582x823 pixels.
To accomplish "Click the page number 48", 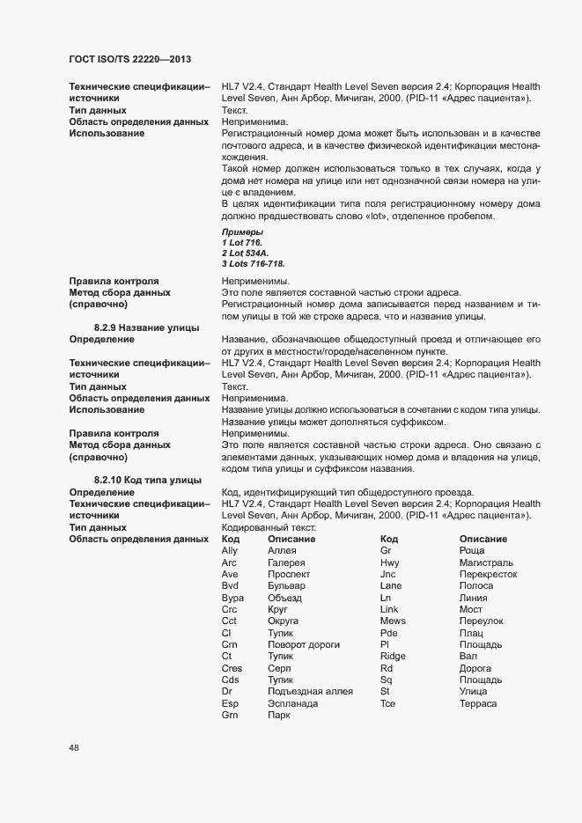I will (x=74, y=747).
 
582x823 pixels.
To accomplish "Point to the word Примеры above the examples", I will (x=243, y=231).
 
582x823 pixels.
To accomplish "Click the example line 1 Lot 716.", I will (x=242, y=242).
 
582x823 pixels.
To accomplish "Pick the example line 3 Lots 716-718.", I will (x=253, y=263).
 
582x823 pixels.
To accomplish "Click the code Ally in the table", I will (x=230, y=550).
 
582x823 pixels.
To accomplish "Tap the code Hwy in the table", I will (x=390, y=562).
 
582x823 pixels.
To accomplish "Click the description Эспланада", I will (x=293, y=704).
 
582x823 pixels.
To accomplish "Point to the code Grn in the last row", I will (x=230, y=716).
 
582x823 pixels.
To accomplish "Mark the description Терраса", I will (x=478, y=704).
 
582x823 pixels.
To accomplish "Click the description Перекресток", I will (x=488, y=574).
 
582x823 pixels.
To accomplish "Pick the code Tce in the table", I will (x=388, y=704).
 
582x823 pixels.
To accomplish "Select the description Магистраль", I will (x=487, y=562).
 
